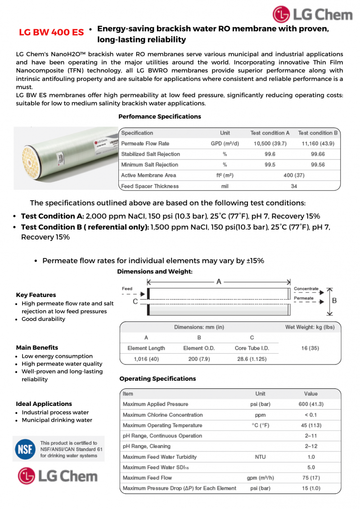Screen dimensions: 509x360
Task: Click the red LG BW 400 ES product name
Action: [51, 32]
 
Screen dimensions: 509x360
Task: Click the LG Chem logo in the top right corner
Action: [312, 14]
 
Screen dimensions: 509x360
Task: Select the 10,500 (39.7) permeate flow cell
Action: [270, 144]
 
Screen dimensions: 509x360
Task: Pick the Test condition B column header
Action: [318, 133]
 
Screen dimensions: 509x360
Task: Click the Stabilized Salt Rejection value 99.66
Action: [318, 154]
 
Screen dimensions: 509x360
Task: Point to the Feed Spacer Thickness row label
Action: [150, 186]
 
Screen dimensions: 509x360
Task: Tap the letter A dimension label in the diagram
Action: [219, 281]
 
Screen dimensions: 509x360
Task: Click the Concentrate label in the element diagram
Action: [306, 288]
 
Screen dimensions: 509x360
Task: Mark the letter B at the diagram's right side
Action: [334, 300]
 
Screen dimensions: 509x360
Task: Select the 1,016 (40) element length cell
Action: [146, 359]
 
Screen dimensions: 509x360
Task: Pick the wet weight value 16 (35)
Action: [310, 348]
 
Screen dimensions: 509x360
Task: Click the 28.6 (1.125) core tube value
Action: [252, 359]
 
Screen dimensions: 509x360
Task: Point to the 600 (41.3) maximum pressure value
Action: [311, 404]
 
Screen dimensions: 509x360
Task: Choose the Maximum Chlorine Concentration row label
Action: [162, 414]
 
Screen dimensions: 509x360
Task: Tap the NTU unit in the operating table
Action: [260, 457]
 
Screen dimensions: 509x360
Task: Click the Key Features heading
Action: [36, 295]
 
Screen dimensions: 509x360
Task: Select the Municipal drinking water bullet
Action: [57, 420]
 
